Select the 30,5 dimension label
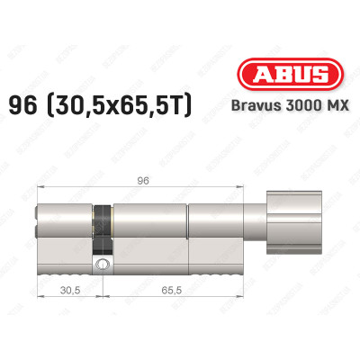[67, 290]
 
